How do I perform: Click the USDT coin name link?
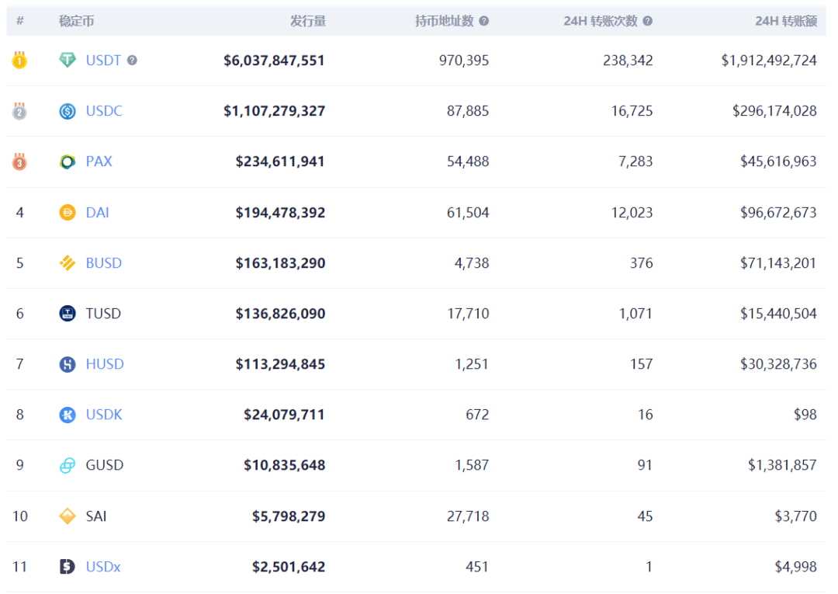(x=103, y=61)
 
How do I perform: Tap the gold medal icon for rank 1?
(x=19, y=60)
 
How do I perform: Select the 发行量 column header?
(x=308, y=21)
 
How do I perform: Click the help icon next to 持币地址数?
(x=484, y=21)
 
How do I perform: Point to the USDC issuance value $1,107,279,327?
(x=274, y=111)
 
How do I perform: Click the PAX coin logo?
(x=68, y=162)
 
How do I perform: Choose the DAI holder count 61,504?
(x=468, y=212)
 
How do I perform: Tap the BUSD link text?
(x=104, y=263)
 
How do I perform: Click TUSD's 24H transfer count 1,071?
(x=635, y=314)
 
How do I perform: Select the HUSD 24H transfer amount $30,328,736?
(x=778, y=364)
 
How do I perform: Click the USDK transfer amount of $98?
(x=805, y=415)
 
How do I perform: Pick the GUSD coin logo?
(x=68, y=465)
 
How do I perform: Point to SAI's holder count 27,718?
(x=468, y=516)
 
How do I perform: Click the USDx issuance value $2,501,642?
(x=289, y=567)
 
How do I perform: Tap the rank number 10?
(x=19, y=516)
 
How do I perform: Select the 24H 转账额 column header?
(x=785, y=21)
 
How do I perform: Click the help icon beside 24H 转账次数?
(x=648, y=21)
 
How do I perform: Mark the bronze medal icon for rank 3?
(x=19, y=161)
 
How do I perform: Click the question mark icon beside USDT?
(x=132, y=61)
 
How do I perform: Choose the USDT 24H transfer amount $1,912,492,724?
(x=769, y=61)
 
